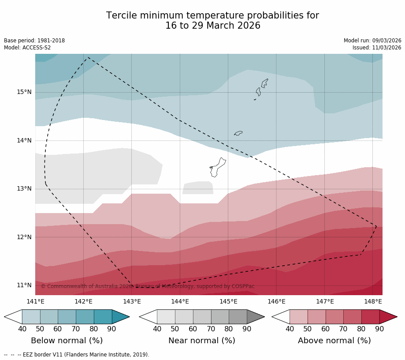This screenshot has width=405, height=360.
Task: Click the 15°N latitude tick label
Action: click(x=24, y=92)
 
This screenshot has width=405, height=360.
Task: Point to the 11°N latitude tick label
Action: click(x=24, y=285)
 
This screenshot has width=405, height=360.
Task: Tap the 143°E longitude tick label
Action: click(x=132, y=302)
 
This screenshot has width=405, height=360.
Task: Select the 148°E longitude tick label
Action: click(x=373, y=302)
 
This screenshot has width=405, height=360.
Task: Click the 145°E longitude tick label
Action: click(x=228, y=302)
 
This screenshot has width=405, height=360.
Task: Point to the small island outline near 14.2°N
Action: click(x=238, y=133)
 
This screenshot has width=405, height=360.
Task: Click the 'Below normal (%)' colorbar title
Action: click(x=67, y=341)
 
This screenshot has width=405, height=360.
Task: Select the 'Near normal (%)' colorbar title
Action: click(x=201, y=341)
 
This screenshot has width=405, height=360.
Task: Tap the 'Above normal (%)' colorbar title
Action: click(x=334, y=341)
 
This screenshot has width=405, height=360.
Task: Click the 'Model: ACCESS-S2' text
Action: click(x=27, y=48)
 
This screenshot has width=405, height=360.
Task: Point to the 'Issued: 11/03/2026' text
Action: click(x=376, y=48)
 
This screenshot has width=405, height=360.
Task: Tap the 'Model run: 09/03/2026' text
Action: click(x=372, y=41)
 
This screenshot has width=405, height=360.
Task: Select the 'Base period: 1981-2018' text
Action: click(x=34, y=41)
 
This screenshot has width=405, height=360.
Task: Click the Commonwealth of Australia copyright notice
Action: click(x=148, y=286)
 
